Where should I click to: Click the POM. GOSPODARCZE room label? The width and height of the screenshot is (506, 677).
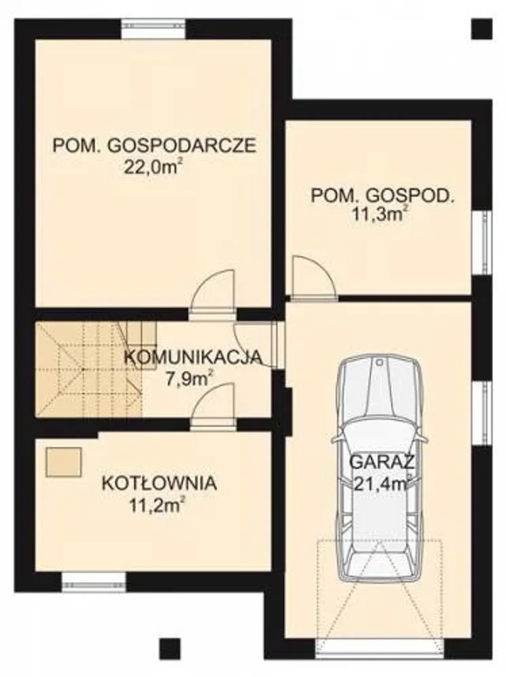(x=155, y=146)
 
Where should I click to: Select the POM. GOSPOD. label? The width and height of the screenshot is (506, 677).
(x=383, y=195)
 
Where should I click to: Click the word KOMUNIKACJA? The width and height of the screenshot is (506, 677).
(x=193, y=357)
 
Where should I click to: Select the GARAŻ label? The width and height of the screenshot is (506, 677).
(x=382, y=461)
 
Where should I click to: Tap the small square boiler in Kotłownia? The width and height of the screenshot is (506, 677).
(x=64, y=462)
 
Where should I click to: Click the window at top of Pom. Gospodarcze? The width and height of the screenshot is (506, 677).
(x=153, y=29)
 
